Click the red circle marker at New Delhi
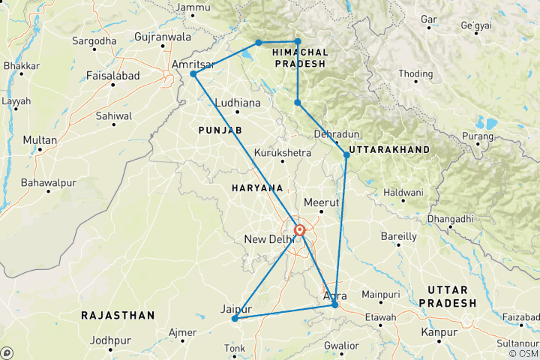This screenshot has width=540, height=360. click(299, 230)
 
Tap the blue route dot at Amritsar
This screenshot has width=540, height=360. click(193, 74)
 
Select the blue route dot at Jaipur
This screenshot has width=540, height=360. click(235, 318)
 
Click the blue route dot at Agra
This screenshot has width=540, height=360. click(334, 304)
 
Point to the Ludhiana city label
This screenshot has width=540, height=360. click(237, 103)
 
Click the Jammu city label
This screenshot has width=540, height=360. click(193, 8)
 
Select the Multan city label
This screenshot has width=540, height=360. click(40, 140)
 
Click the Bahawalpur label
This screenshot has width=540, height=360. click(51, 181)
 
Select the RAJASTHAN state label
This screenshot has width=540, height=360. click(118, 315)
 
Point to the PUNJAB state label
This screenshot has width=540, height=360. click(220, 130)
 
